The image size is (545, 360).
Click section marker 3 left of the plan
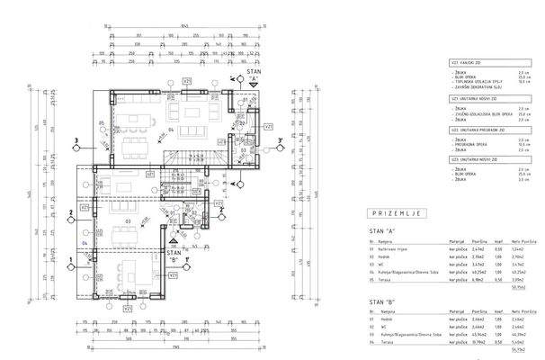tap(78, 139)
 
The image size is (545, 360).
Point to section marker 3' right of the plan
tap(281, 139)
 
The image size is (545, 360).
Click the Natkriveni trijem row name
tap(398, 249)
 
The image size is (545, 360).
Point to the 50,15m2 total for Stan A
tap(519, 288)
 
